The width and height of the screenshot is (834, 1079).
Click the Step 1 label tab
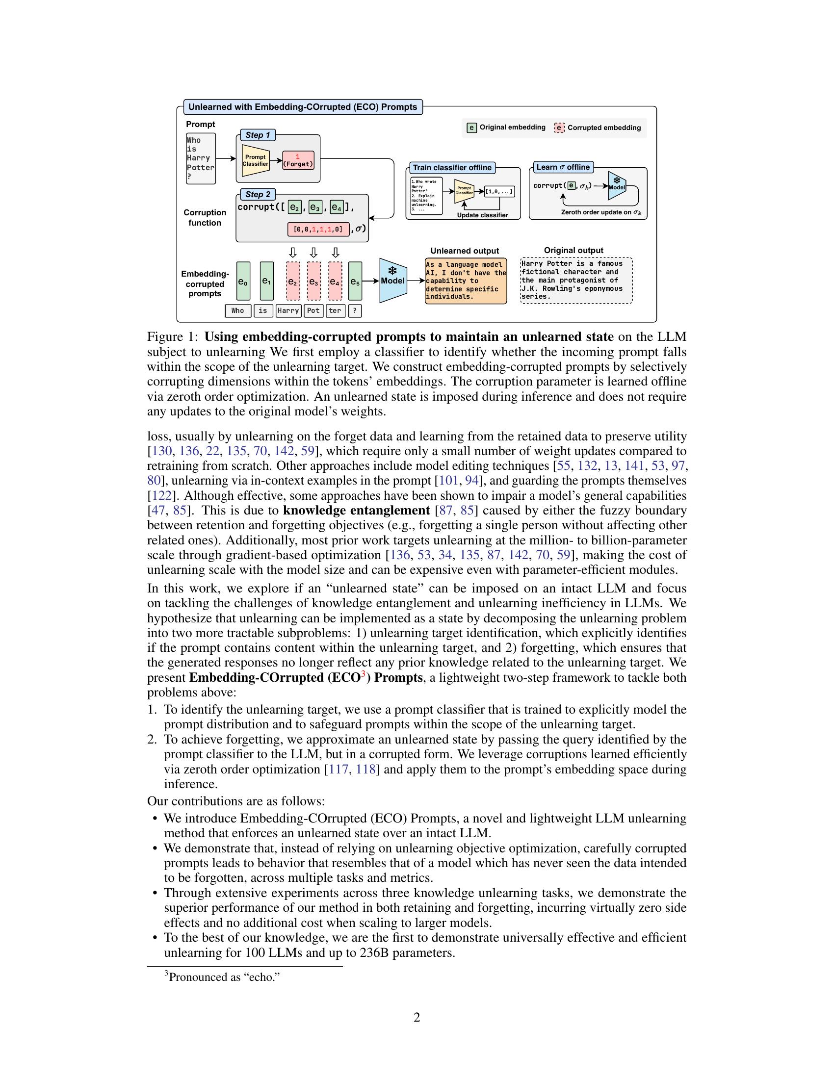click(x=258, y=135)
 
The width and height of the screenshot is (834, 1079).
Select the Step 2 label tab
click(x=258, y=194)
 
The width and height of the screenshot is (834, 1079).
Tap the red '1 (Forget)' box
click(x=298, y=160)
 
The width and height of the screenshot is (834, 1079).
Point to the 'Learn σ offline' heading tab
click(x=563, y=167)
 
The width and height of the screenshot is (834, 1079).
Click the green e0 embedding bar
click(x=243, y=281)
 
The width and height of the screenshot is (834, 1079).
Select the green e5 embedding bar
click(x=355, y=281)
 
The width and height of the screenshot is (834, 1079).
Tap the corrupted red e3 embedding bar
click(x=314, y=281)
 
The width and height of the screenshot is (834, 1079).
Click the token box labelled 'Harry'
click(x=288, y=311)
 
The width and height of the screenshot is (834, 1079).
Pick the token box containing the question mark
click(x=355, y=311)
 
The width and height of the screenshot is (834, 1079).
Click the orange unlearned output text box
click(x=466, y=281)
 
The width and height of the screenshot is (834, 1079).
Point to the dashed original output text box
click(x=576, y=280)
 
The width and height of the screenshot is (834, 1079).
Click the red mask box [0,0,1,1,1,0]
click(x=318, y=229)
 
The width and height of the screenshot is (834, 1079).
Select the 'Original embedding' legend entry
click(x=506, y=128)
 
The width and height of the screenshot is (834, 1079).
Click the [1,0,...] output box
click(x=499, y=191)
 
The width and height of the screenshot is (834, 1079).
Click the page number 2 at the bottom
click(x=417, y=1018)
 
